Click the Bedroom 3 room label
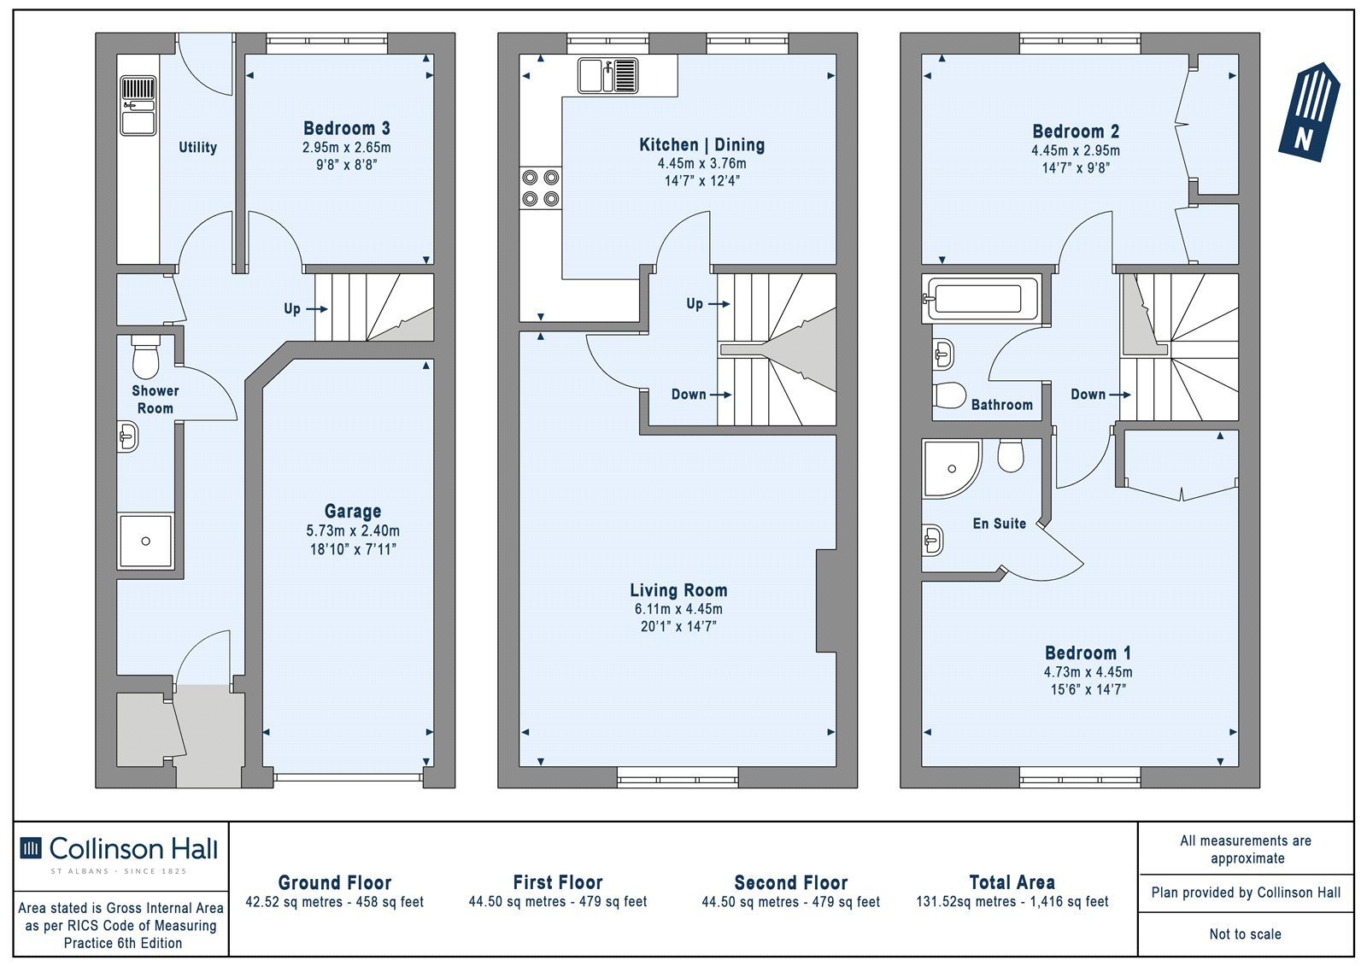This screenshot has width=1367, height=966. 346,128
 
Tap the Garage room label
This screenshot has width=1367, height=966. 353,511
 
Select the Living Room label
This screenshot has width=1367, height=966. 678,590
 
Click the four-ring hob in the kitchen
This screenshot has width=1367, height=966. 541,188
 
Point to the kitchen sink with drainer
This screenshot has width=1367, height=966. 607,76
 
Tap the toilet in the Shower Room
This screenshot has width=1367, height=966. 145,357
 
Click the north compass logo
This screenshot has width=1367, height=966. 1310,112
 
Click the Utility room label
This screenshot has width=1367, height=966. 197,147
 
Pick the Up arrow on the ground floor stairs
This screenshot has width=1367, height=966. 317,309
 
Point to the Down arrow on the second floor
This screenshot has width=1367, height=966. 1120,395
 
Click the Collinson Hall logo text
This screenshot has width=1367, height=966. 133,849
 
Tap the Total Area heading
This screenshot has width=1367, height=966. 1012,882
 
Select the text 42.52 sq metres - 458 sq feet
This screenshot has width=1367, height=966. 334,902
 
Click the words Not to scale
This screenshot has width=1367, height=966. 1245,934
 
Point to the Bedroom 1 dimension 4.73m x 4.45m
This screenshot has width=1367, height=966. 1088,672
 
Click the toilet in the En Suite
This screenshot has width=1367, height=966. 1011,455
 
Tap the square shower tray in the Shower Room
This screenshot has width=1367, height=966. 146,542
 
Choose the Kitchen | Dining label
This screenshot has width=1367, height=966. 701,144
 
